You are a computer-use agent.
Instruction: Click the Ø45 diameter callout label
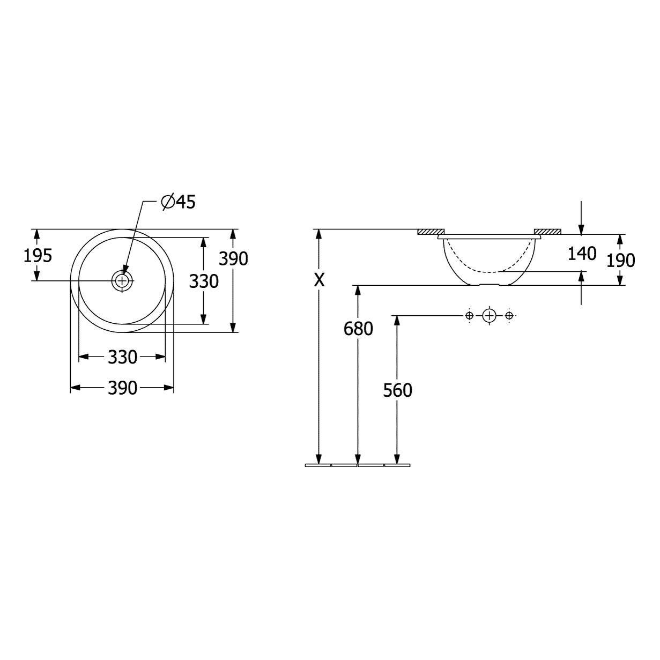click(178, 202)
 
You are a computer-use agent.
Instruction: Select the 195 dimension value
click(38, 256)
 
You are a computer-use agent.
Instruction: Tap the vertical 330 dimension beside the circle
click(204, 281)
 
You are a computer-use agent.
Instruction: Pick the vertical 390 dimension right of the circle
click(233, 258)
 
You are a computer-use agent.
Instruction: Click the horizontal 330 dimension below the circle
click(122, 357)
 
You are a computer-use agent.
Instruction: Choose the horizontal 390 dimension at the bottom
click(122, 388)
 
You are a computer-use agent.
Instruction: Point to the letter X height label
click(319, 280)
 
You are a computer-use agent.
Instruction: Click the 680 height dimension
click(358, 329)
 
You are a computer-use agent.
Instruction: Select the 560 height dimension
click(397, 390)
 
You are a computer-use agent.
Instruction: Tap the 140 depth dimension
click(582, 254)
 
